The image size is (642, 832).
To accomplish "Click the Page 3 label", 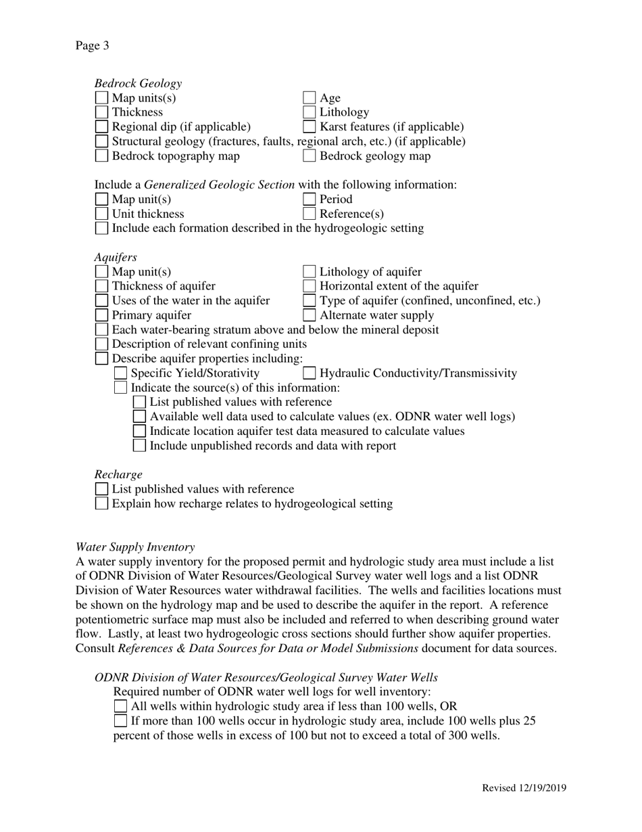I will pyautogui.click(x=92, y=46).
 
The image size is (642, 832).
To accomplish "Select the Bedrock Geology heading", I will pyautogui.click(x=138, y=83).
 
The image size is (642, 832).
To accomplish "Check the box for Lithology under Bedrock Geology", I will pyautogui.click(x=310, y=112).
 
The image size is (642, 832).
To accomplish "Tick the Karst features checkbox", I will pyautogui.click(x=310, y=127).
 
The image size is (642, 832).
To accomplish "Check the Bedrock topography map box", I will pyautogui.click(x=101, y=156).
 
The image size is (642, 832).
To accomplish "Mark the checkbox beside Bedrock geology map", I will pyautogui.click(x=310, y=156).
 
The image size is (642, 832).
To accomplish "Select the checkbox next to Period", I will pyautogui.click(x=310, y=200).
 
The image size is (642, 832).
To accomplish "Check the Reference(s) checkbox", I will pyautogui.click(x=310, y=214).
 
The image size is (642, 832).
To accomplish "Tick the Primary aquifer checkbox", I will pyautogui.click(x=101, y=315).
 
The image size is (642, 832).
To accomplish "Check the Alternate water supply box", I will pyautogui.click(x=310, y=315).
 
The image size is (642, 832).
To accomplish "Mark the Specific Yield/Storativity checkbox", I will pyautogui.click(x=120, y=373).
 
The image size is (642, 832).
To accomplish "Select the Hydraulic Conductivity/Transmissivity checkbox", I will pyautogui.click(x=310, y=373).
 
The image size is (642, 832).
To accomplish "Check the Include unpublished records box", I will pyautogui.click(x=139, y=446).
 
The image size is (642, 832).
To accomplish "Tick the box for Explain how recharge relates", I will pyautogui.click(x=101, y=504).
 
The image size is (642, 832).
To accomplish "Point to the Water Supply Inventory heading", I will pyautogui.click(x=135, y=547).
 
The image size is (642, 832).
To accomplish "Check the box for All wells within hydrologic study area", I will pyautogui.click(x=120, y=706).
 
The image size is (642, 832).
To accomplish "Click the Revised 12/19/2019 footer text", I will pyautogui.click(x=524, y=788).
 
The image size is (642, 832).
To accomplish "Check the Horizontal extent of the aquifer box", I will pyautogui.click(x=310, y=287).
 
